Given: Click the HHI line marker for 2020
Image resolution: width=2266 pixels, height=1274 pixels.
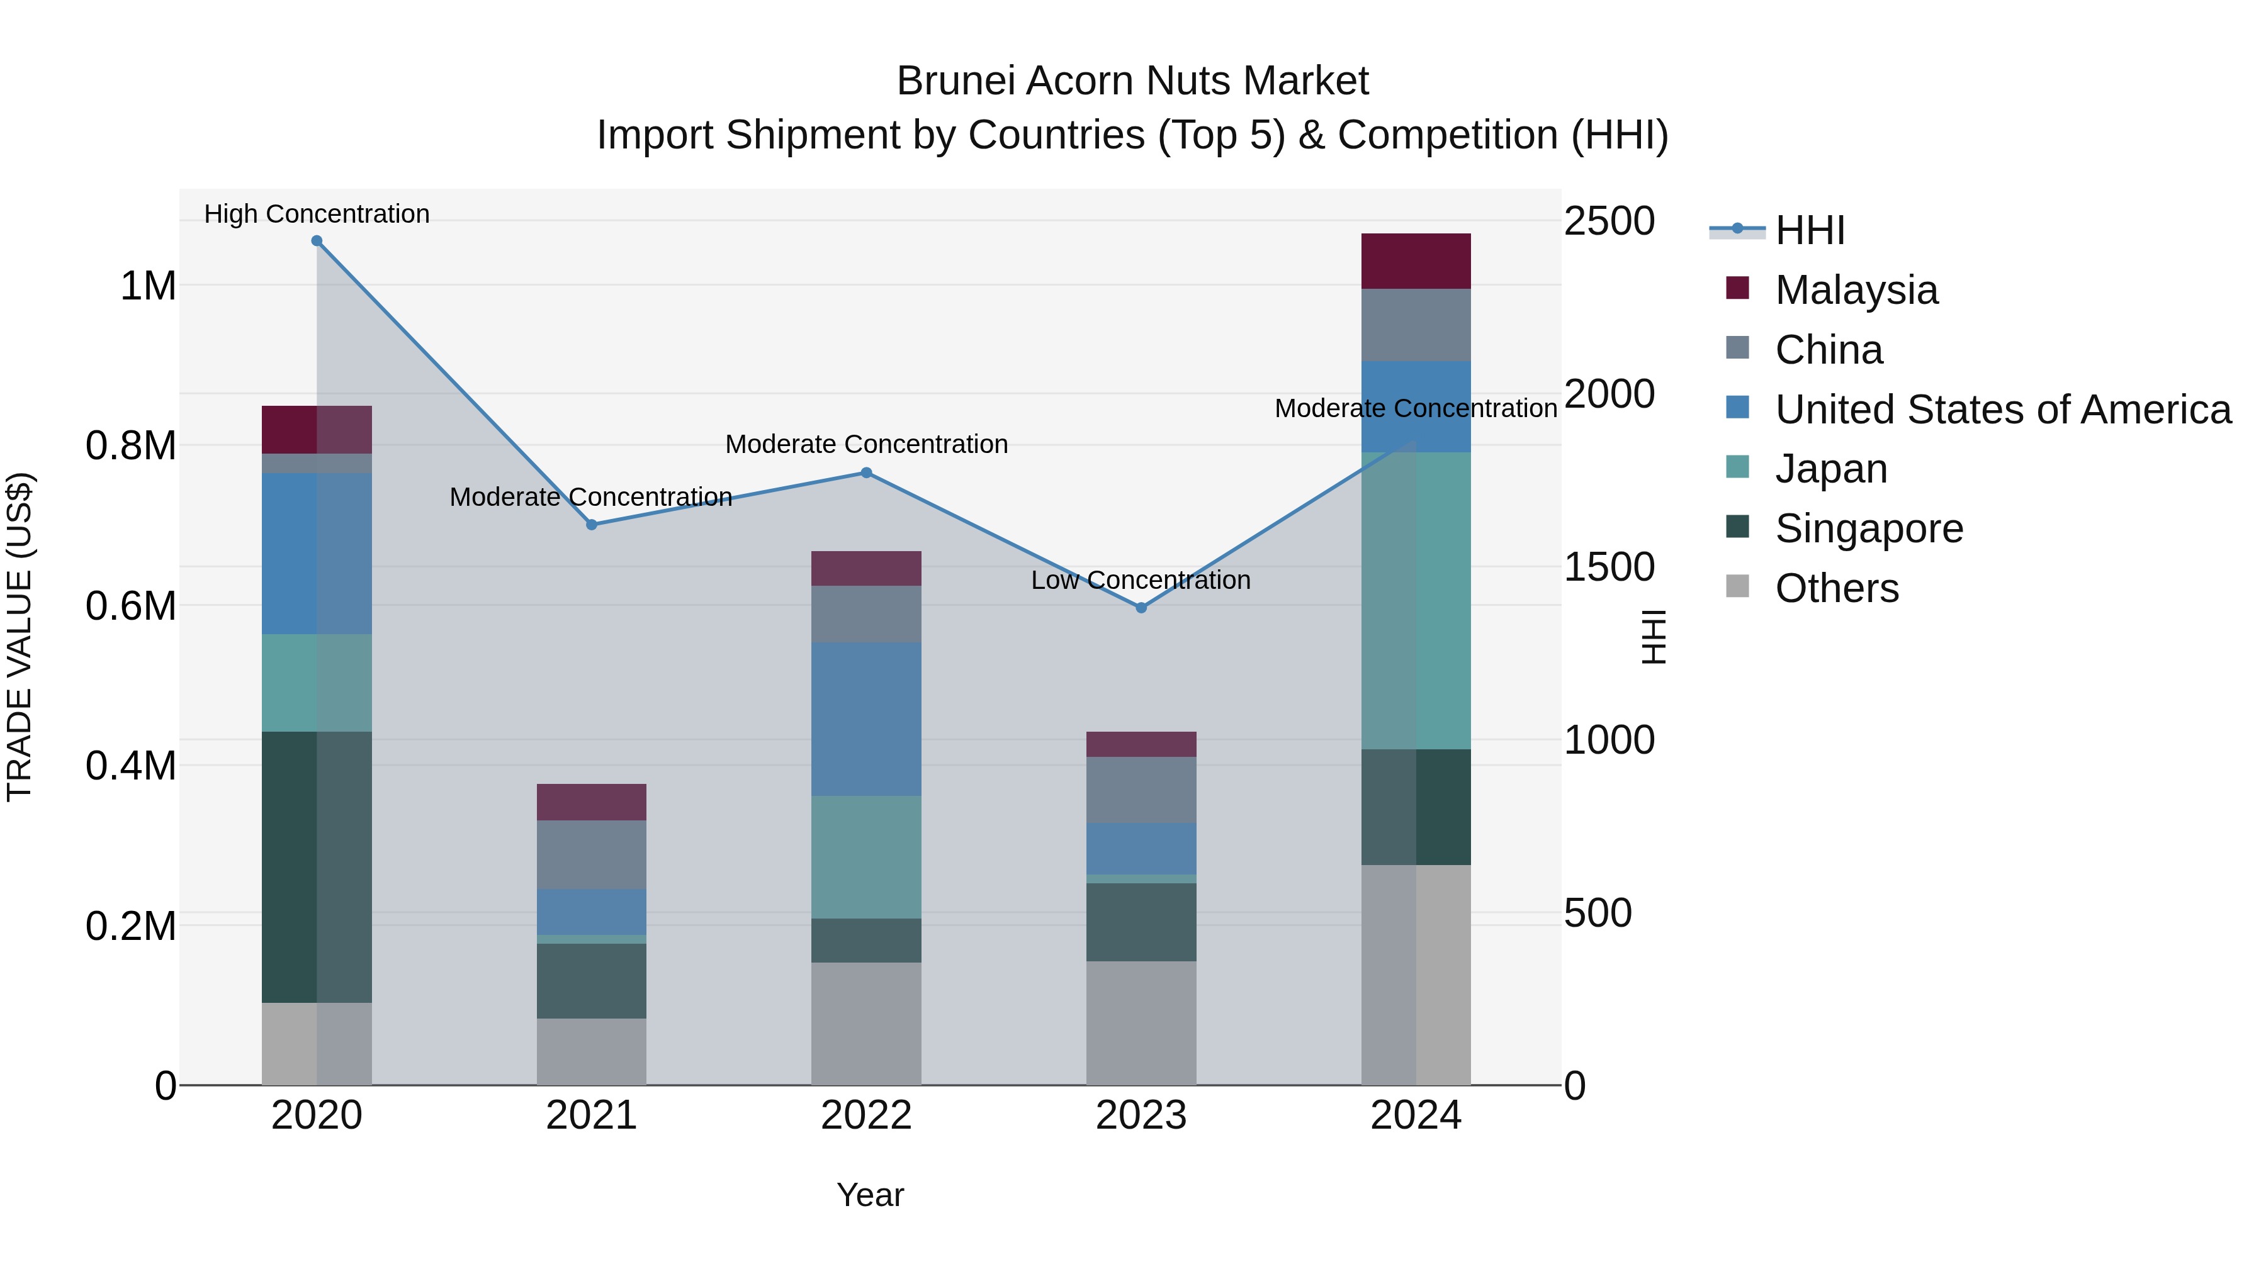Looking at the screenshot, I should tap(317, 241).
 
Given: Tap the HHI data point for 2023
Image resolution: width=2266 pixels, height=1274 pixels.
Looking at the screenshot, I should tap(1141, 608).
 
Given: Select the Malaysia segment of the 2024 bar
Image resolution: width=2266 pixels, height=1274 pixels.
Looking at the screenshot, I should tap(1416, 261).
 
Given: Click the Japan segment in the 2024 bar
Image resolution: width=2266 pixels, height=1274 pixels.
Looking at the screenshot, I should tap(1416, 601).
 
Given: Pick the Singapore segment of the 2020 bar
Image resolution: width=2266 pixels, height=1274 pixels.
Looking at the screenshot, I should tap(317, 866).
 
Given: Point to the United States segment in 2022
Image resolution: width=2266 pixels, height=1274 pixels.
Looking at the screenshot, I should tap(865, 718).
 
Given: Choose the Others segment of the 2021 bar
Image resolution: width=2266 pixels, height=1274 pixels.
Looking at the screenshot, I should tap(591, 1051).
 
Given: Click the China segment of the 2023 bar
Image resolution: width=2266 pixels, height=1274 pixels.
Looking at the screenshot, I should tap(1141, 789).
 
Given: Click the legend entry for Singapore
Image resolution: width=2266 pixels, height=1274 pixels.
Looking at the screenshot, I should tap(1868, 528).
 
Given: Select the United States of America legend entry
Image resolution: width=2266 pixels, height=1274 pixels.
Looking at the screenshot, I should tap(2002, 410).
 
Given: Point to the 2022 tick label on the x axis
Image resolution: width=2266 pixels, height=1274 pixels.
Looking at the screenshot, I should tap(865, 1115).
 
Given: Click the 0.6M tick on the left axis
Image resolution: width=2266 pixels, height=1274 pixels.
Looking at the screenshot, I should tap(131, 606).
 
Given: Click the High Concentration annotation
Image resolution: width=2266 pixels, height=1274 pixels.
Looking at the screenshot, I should tap(317, 214).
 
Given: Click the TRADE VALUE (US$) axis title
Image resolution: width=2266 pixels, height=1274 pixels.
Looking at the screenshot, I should tap(20, 637).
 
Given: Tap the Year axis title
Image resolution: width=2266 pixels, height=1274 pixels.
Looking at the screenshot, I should tap(870, 1195).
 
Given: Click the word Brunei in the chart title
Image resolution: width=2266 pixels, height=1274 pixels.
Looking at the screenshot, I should tap(954, 81).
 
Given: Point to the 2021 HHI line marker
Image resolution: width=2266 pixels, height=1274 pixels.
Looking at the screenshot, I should tap(591, 525).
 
